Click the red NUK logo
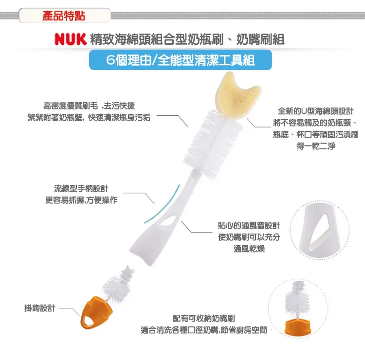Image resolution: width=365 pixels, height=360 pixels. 71,39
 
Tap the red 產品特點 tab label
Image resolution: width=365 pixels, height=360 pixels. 64,16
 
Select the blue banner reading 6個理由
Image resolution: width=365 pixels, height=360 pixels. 181,60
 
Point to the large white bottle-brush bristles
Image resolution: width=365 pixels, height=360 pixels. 212,144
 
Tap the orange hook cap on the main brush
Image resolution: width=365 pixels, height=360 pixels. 96,312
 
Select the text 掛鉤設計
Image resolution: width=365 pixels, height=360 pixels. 40,308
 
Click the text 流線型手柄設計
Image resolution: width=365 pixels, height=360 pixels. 81,188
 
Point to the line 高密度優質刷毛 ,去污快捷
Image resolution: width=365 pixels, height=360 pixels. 89,106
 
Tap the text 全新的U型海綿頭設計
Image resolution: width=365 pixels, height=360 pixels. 316,111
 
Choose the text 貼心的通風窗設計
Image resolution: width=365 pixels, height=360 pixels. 249,225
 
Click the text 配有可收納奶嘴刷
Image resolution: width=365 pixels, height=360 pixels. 204,318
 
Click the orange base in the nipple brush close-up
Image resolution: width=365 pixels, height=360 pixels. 298,327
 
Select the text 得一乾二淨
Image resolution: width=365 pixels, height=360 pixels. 316,146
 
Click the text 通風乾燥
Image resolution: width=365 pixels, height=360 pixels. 249,249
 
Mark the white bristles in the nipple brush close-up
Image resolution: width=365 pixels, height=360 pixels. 297,300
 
